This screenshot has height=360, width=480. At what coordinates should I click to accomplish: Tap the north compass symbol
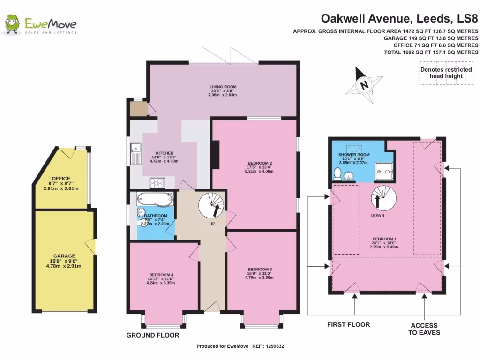(x=364, y=85)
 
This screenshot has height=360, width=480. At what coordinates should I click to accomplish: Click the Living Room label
(x=223, y=87)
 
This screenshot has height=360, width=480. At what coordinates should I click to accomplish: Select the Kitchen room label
(x=165, y=153)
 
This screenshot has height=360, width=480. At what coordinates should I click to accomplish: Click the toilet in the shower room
(x=337, y=174)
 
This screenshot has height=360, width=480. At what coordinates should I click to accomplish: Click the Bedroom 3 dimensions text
(x=260, y=277)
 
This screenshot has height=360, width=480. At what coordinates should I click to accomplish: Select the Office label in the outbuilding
(x=61, y=179)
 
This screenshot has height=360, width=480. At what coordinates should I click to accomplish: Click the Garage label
(x=64, y=256)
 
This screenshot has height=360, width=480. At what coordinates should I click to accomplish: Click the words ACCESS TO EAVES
(x=424, y=329)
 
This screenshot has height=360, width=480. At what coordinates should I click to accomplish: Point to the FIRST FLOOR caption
(x=348, y=324)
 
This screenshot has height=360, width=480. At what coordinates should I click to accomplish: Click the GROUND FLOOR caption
(x=152, y=335)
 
